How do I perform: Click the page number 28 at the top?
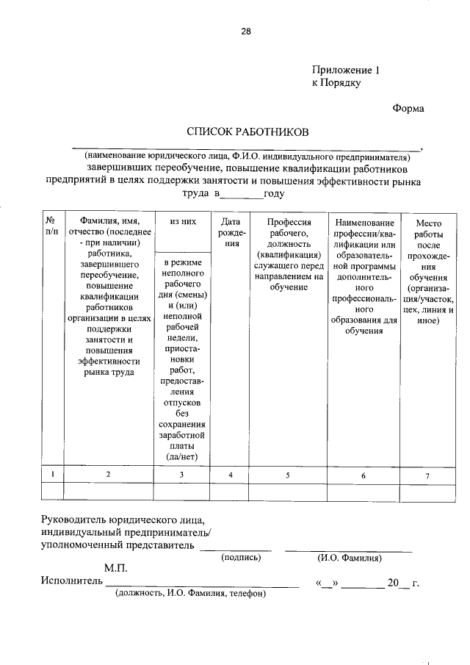click(246, 31)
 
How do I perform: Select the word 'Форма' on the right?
click(408, 108)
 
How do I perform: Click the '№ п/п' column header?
click(51, 226)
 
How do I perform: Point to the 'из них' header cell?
click(182, 220)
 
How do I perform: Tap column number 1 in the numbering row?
click(51, 475)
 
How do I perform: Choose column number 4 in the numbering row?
click(231, 475)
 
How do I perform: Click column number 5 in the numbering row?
click(288, 475)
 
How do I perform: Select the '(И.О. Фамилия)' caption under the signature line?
click(349, 558)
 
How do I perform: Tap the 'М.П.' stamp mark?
click(116, 569)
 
